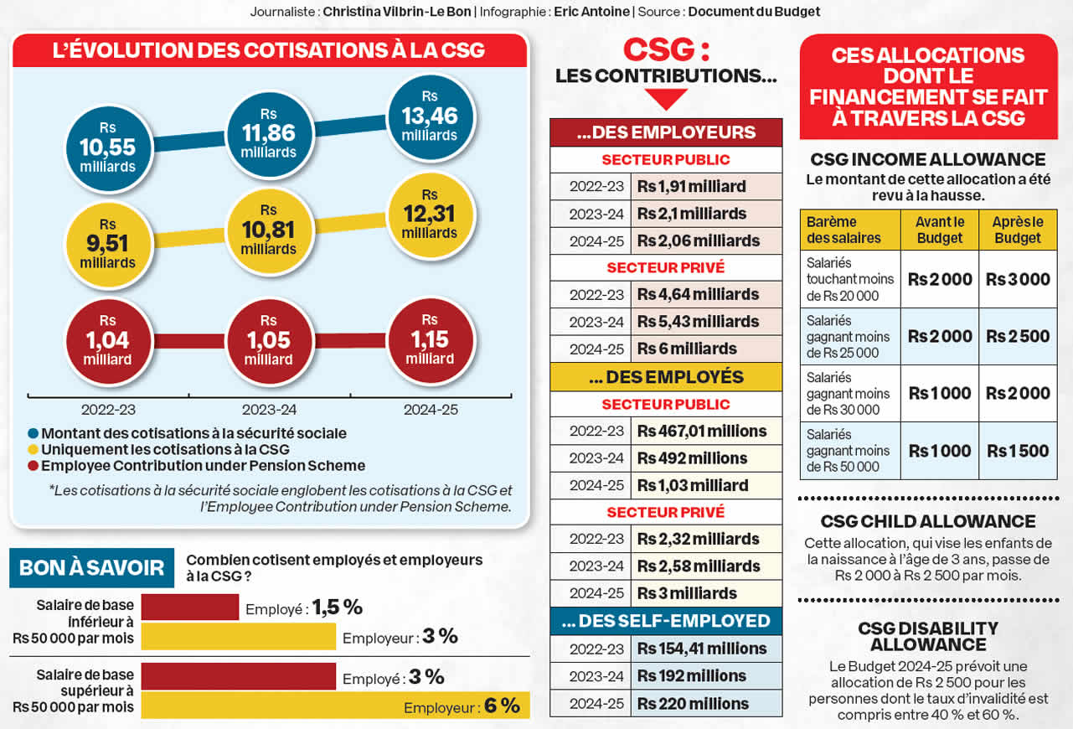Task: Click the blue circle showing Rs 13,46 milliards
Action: (x=430, y=116)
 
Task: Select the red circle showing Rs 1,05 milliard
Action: (x=268, y=340)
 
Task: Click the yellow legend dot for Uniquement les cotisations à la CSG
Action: (x=33, y=450)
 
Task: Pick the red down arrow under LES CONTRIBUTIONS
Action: (x=667, y=99)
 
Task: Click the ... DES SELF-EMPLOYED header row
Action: (x=666, y=621)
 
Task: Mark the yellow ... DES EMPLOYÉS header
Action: (x=666, y=377)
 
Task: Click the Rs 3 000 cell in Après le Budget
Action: (x=1018, y=279)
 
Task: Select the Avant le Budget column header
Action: (x=940, y=230)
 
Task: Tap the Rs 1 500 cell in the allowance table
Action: (x=1018, y=451)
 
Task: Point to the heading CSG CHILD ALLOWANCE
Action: (x=927, y=521)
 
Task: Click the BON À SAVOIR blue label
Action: (x=91, y=567)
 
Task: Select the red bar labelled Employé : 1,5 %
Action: (x=190, y=607)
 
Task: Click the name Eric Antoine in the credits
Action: (x=592, y=12)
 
